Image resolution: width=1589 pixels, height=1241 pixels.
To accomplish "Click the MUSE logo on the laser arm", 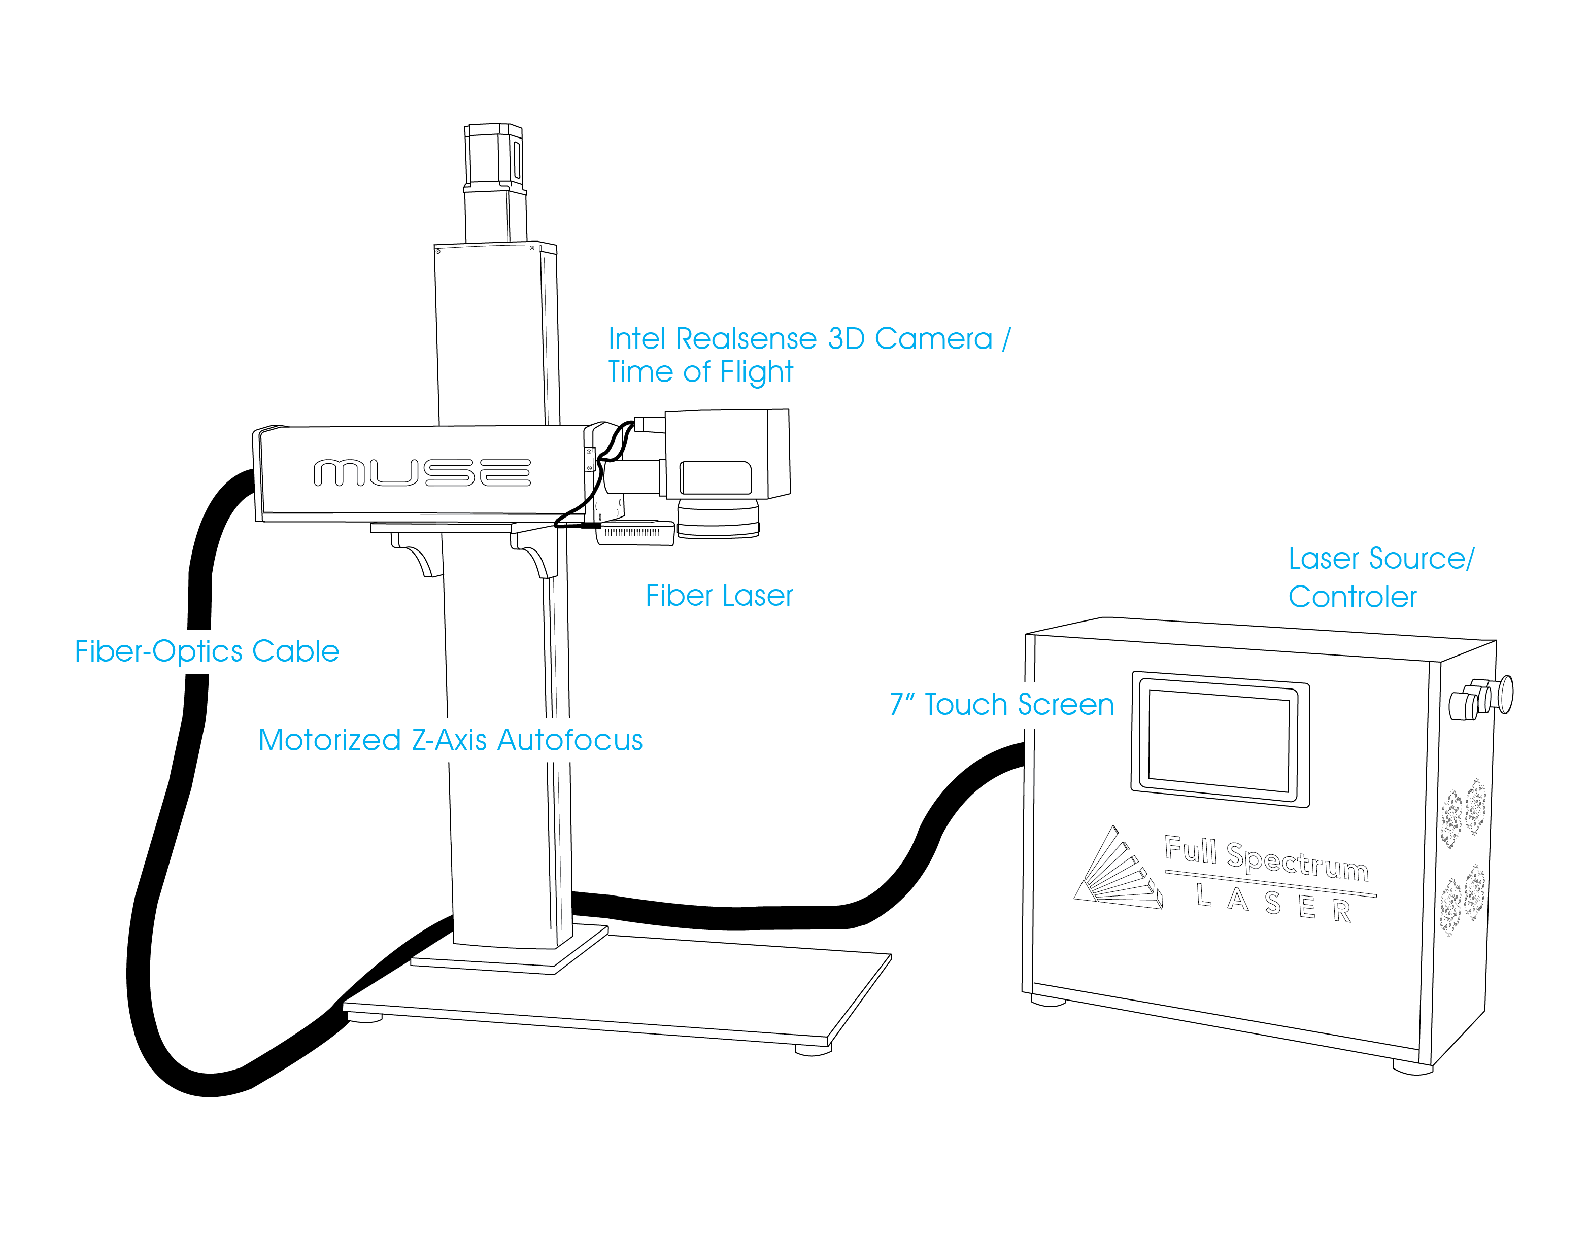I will (x=422, y=473).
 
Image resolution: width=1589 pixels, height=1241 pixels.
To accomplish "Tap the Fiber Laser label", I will (x=719, y=596).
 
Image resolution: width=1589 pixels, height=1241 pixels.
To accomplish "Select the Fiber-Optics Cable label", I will (x=207, y=651).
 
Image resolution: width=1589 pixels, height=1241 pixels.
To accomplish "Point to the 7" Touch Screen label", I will (x=1001, y=704).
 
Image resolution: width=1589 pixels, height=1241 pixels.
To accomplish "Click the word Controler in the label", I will (x=1352, y=597).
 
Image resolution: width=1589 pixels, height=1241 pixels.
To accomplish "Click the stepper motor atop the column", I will (x=494, y=156).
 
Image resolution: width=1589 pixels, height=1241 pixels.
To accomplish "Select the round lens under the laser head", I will (x=718, y=520).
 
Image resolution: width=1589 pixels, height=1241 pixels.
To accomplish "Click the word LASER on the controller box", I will (x=1273, y=902).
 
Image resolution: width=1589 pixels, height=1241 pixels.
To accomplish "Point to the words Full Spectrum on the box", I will (x=1266, y=858).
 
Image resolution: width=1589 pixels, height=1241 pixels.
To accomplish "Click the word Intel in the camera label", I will (x=639, y=339).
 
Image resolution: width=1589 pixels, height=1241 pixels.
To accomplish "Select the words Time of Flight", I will (x=700, y=372).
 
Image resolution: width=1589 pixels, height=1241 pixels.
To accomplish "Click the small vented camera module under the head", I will (x=634, y=533).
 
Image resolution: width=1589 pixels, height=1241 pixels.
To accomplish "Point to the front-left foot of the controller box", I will (x=1049, y=1001).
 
